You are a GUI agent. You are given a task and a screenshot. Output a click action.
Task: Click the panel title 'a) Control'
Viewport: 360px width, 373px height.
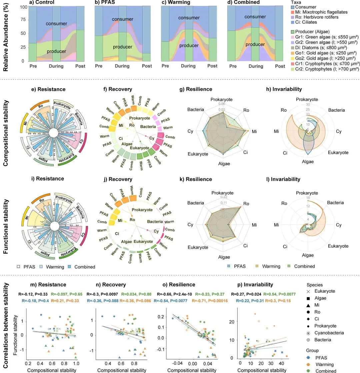42,3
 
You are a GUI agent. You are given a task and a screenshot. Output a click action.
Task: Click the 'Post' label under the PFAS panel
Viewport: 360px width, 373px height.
147,66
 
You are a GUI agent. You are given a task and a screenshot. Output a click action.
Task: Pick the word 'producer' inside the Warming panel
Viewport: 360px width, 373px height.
188,46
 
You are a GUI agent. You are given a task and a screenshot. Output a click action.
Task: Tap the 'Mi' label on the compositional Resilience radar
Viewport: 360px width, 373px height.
254,132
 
